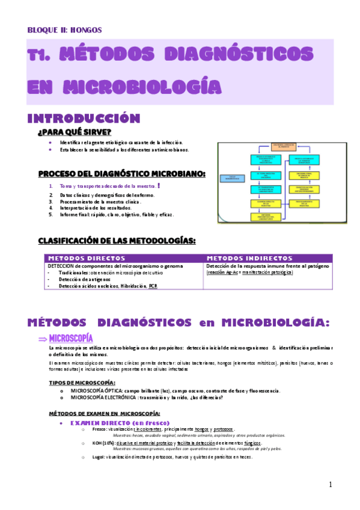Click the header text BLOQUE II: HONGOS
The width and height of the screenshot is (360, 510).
pyautogui.click(x=65, y=29)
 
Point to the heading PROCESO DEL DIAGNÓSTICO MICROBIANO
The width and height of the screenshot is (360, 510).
pyautogui.click(x=121, y=174)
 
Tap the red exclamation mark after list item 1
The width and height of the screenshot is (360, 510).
pyautogui.click(x=158, y=186)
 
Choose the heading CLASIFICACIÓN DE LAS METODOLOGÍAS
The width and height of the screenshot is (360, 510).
pyautogui.click(x=117, y=241)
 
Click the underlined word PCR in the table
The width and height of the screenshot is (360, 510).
pyautogui.click(x=154, y=286)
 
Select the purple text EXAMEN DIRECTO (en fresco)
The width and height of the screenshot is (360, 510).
pyautogui.click(x=120, y=423)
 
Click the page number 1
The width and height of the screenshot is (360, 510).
pyautogui.click(x=331, y=485)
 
